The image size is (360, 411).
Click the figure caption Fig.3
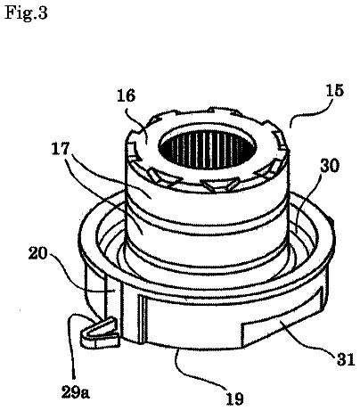(26, 13)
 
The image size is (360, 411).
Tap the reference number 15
(334, 90)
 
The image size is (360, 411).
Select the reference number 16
(126, 95)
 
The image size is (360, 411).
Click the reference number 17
(61, 148)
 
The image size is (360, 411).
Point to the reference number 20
(38, 253)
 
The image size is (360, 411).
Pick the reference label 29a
(75, 392)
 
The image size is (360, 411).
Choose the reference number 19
(234, 399)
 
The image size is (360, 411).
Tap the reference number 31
(346, 359)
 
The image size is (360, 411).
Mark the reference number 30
(329, 166)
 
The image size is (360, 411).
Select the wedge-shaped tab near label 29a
(101, 332)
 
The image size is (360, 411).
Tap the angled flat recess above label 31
(282, 315)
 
